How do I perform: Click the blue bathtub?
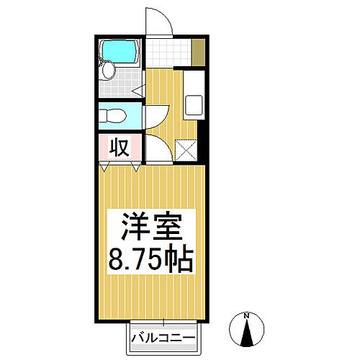click(118, 52)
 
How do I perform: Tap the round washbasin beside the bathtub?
click(108, 70)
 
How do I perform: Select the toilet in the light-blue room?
click(113, 116)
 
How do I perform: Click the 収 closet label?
click(120, 147)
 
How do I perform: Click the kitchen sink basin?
click(194, 104)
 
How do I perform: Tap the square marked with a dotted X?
click(186, 150)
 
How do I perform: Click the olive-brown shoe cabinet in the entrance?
click(199, 53)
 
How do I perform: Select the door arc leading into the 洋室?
click(166, 143)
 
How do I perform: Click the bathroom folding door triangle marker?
click(138, 91)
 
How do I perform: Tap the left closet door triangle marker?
click(104, 166)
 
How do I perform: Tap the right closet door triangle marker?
click(136, 166)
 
